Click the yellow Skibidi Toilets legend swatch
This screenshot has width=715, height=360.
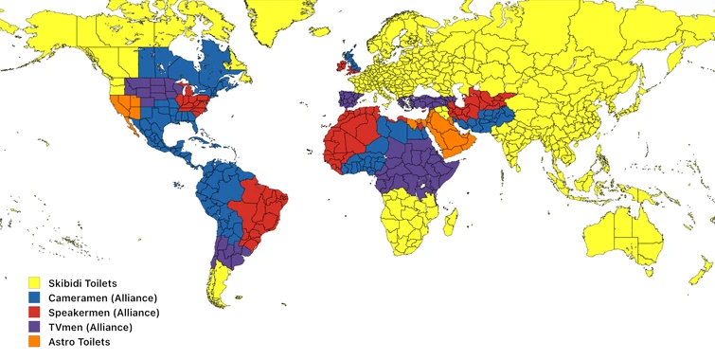coord(33,282)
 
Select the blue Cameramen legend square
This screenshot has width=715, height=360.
coord(33,297)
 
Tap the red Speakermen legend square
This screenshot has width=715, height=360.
coord(33,312)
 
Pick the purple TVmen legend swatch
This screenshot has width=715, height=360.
coord(33,326)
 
